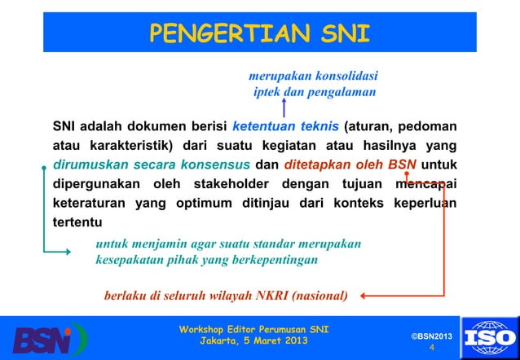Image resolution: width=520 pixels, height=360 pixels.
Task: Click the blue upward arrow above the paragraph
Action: click(283, 108)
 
